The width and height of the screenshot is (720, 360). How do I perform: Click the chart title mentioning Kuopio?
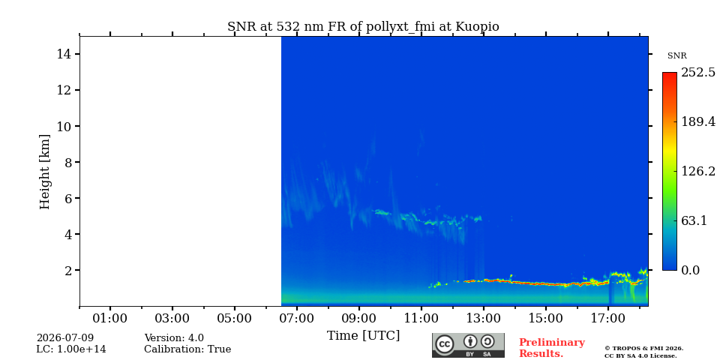[363, 27]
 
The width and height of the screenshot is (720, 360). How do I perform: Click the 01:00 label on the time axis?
[110, 318]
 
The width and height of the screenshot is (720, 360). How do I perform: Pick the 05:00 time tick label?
[235, 318]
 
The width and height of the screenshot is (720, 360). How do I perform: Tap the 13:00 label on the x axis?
[484, 318]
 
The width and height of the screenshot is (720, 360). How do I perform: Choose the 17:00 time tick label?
[608, 318]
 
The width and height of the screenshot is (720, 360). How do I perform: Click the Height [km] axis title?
[44, 172]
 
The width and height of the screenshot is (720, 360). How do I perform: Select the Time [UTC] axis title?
[363, 336]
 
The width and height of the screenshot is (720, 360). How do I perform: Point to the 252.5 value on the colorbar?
[698, 73]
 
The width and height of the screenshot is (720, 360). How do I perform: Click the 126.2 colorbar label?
[698, 171]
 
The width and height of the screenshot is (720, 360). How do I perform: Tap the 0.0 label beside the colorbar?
[690, 270]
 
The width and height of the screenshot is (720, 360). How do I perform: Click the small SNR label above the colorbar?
[676, 56]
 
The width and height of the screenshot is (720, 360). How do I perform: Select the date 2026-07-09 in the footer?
[65, 338]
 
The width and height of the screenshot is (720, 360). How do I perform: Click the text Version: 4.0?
[174, 338]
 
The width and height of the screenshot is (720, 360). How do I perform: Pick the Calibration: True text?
[187, 349]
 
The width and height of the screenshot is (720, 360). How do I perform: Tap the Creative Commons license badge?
[468, 345]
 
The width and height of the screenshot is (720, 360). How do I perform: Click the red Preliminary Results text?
[552, 348]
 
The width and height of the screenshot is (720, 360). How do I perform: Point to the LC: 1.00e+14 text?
[71, 349]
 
